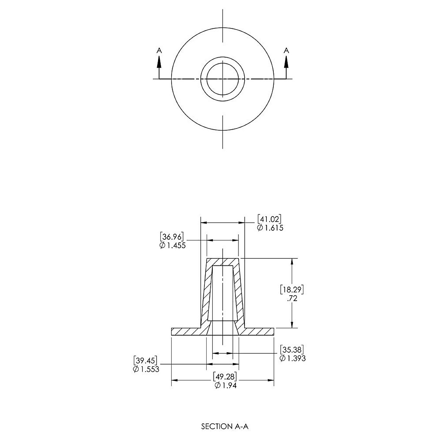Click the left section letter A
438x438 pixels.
click(x=159, y=50)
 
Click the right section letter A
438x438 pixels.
click(x=287, y=50)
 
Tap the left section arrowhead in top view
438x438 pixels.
click(x=159, y=62)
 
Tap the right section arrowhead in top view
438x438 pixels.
click(x=287, y=62)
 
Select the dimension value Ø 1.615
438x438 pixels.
click(x=270, y=228)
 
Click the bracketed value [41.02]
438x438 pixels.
click(x=269, y=219)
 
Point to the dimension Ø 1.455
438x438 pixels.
click(x=173, y=246)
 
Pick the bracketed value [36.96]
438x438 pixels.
click(x=172, y=237)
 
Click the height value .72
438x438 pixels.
click(x=292, y=299)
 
